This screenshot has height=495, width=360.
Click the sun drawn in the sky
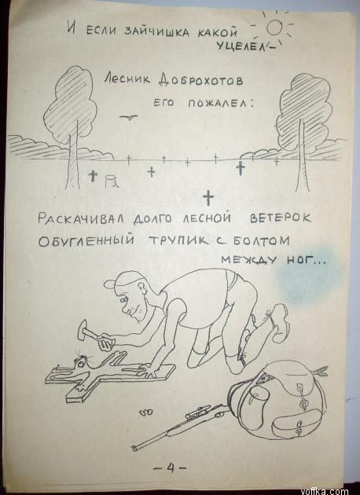tap(274, 27)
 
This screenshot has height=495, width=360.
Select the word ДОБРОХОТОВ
tap(201, 80)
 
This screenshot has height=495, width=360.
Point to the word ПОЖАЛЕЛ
tap(220, 103)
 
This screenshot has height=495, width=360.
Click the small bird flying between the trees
tap(128, 117)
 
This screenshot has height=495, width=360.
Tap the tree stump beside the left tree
tap(111, 181)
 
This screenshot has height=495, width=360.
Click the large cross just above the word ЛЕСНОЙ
tap(208, 198)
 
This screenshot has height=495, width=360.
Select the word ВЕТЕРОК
tap(281, 218)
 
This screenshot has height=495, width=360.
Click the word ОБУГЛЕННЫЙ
tap(86, 241)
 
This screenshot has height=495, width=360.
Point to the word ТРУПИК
tap(178, 240)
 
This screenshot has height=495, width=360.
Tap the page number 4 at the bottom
tap(171, 467)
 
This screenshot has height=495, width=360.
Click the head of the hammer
tap(83, 328)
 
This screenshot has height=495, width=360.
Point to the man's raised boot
tap(278, 322)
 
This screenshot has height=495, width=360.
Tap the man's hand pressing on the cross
tap(148, 370)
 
